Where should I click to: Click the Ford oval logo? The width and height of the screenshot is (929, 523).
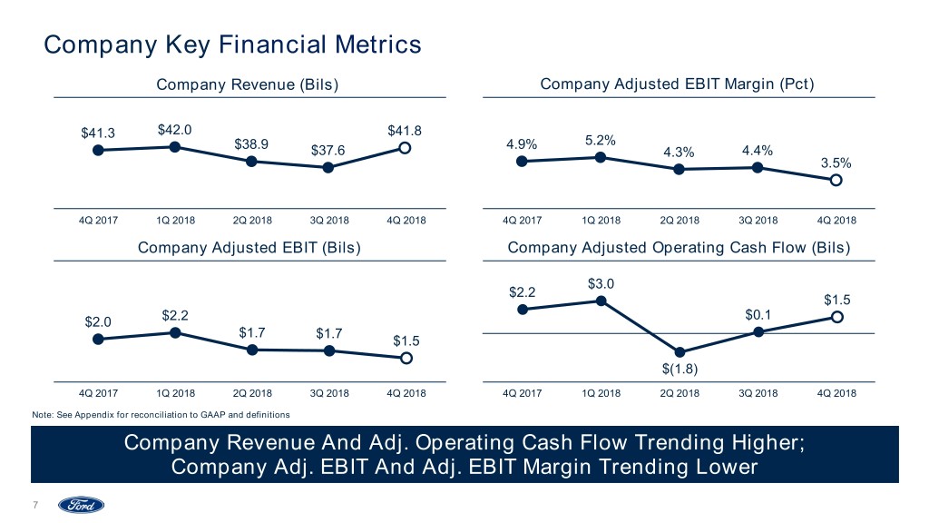click(82, 505)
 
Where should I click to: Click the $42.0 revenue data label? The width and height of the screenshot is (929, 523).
click(174, 129)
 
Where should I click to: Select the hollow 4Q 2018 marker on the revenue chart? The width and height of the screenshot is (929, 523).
click(405, 148)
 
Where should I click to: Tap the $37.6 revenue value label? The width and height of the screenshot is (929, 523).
click(328, 150)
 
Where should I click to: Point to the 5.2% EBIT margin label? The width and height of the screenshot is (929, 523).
click(601, 141)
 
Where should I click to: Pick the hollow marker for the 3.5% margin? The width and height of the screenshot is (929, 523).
click(836, 180)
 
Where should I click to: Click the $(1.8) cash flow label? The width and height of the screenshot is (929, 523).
click(680, 368)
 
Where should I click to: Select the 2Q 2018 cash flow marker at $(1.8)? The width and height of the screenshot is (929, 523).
click(680, 352)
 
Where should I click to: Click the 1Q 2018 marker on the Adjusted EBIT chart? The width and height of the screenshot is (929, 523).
click(174, 333)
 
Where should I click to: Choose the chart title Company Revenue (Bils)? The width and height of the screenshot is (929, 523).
click(248, 84)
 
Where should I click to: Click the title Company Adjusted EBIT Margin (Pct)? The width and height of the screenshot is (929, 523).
click(677, 84)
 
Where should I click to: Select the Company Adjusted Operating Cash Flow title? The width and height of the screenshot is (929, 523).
click(677, 248)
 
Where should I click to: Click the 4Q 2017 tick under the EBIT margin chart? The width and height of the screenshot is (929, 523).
click(523, 221)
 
